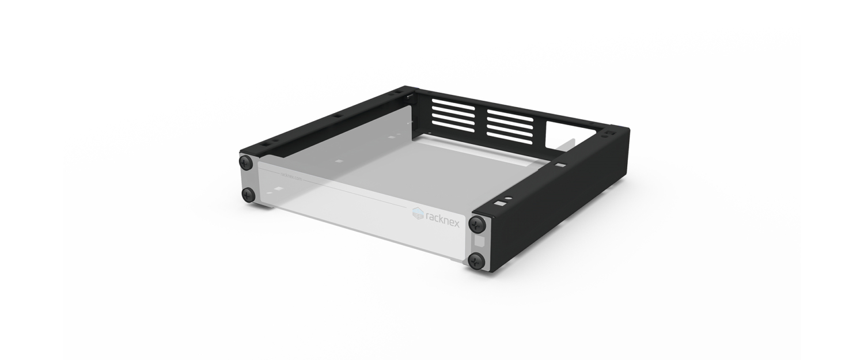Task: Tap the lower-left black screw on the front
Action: [249, 194]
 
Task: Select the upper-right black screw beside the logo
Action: [478, 223]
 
